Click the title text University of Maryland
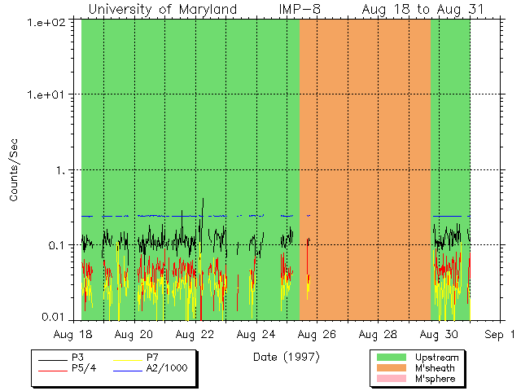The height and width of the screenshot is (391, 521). click(162, 9)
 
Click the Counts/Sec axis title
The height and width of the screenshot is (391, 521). click(14, 170)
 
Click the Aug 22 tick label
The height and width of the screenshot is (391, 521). click(195, 335)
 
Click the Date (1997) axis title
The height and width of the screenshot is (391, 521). click(286, 357)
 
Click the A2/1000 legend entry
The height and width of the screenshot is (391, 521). click(167, 368)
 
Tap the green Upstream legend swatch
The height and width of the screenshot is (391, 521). click(391, 358)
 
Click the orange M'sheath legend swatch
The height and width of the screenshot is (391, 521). click(391, 368)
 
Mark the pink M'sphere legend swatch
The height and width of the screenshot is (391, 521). click(391, 379)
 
